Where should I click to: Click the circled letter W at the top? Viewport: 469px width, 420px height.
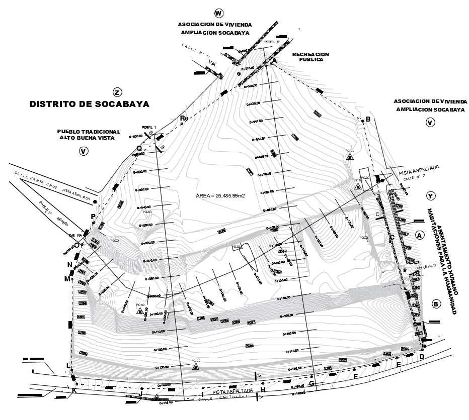[218, 13]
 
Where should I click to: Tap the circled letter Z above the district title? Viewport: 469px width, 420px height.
[117, 92]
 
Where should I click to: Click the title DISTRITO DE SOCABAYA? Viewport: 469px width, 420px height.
[90, 104]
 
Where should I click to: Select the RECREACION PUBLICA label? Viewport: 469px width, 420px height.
[310, 57]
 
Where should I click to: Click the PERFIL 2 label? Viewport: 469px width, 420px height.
[272, 42]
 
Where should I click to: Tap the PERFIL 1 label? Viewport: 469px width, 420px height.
[149, 127]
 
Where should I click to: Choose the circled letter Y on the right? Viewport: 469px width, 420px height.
[430, 195]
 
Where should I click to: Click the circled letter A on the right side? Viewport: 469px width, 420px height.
[420, 235]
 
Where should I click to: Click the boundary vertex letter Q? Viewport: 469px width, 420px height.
[139, 148]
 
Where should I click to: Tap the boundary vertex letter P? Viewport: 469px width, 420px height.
[93, 216]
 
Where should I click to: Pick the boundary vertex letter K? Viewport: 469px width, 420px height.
[74, 391]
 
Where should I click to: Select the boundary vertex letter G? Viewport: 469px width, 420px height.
[311, 384]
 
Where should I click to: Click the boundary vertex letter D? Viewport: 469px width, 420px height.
[422, 356]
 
